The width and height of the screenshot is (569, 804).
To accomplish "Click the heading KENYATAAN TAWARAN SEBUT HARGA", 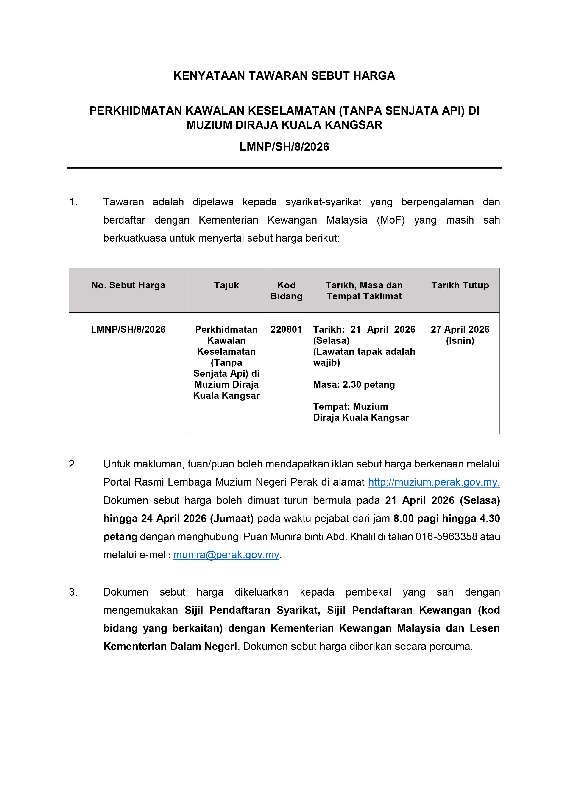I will (x=284, y=76).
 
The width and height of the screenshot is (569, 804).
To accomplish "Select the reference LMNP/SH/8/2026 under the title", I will (x=284, y=147).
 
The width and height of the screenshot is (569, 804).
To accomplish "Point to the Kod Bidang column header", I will (x=286, y=291).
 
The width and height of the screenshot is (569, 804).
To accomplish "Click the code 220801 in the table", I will (x=286, y=329).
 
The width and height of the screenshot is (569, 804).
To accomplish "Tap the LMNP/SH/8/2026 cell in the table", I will (x=128, y=329).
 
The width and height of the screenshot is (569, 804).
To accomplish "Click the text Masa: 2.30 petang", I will (x=354, y=384).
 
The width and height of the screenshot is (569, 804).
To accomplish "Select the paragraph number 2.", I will (x=73, y=464).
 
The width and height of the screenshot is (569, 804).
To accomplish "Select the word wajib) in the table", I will (x=326, y=362).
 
